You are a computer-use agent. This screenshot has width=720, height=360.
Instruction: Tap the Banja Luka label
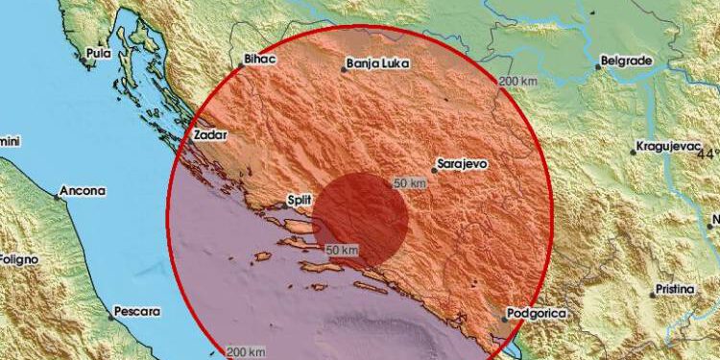377,65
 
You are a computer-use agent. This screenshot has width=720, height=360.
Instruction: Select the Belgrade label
626,60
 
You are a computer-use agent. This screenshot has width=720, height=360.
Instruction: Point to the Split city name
300,201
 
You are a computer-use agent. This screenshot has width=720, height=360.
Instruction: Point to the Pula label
95,53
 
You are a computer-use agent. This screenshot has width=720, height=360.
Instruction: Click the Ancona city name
82,191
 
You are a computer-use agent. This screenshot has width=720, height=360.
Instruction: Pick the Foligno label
17,259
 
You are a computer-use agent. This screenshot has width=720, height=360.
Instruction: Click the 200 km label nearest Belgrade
517,83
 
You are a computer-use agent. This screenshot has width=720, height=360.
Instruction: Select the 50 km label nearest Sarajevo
410,182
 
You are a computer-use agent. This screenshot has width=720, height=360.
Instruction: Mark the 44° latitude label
709,154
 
